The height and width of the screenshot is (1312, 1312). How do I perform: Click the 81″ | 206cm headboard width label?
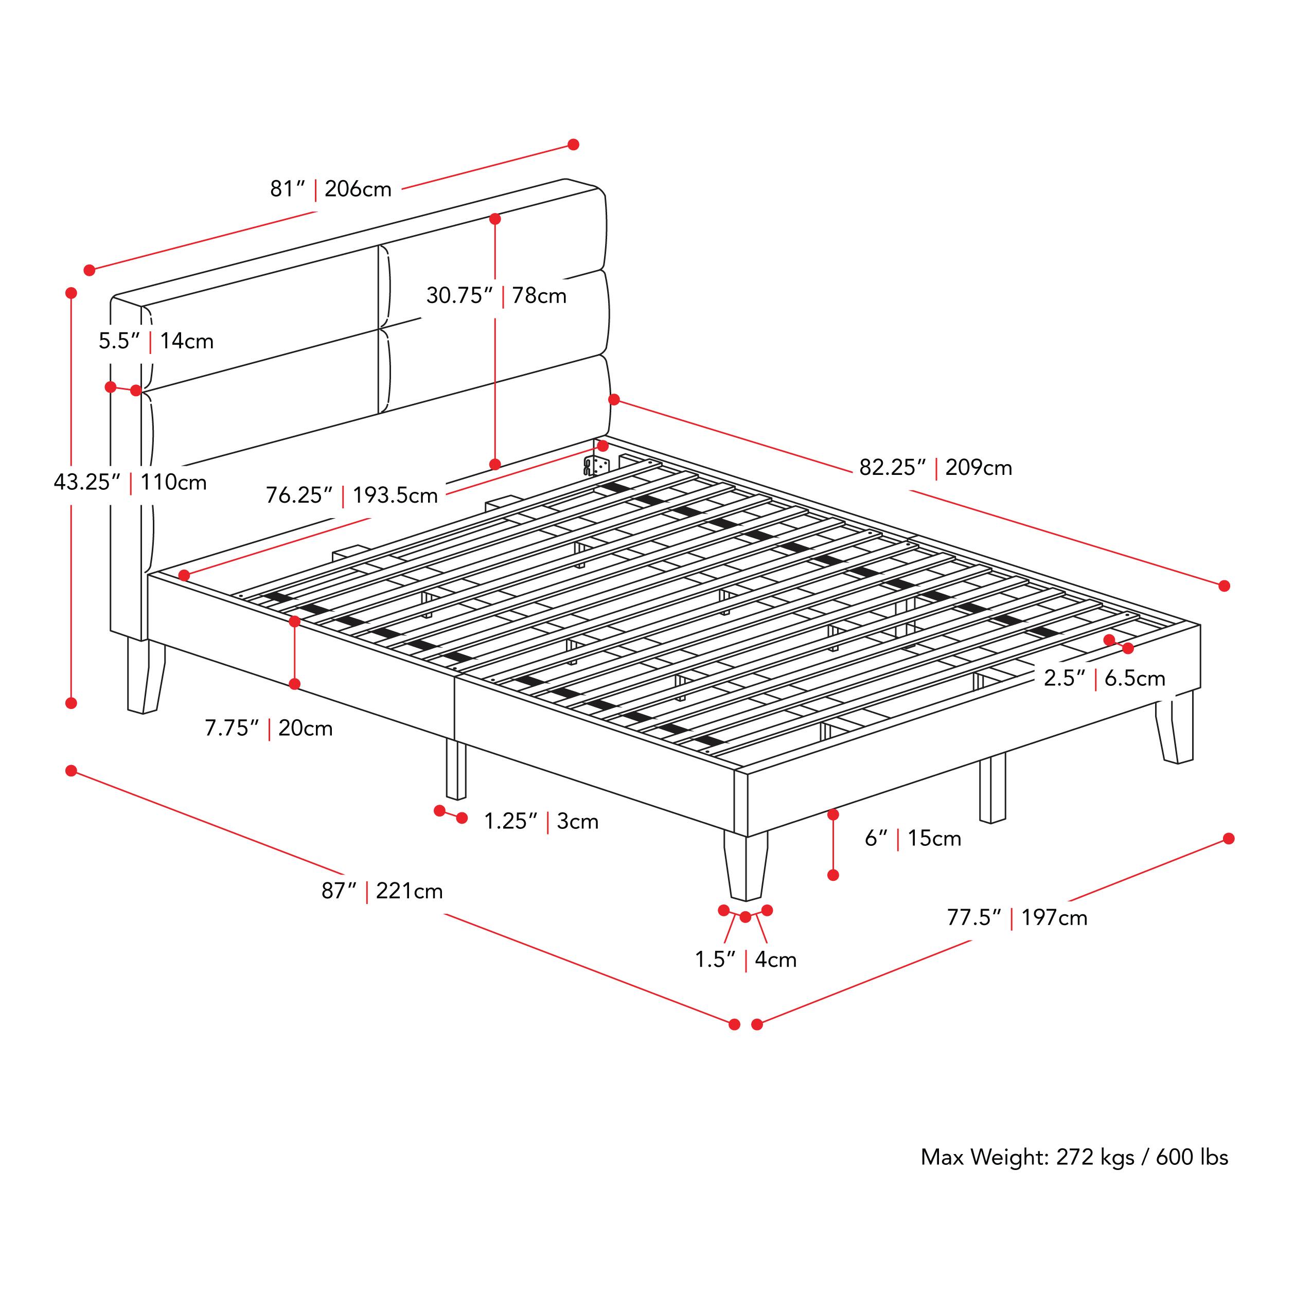(331, 189)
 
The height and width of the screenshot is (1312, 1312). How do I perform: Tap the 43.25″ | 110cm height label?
(130, 482)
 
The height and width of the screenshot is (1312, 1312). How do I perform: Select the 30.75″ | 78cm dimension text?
(496, 296)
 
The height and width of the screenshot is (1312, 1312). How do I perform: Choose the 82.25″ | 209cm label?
(935, 468)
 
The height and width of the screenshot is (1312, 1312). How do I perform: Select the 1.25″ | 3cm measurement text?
(541, 822)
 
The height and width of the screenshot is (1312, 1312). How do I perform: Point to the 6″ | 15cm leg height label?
(912, 839)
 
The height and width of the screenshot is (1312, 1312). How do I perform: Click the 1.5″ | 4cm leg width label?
(745, 960)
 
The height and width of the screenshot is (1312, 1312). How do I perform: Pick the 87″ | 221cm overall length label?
(382, 891)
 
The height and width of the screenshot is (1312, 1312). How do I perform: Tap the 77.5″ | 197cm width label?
(1017, 918)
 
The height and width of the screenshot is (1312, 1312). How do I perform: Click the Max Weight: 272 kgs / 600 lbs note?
(1074, 1157)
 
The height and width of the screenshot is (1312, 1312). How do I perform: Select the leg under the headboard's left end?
(145, 676)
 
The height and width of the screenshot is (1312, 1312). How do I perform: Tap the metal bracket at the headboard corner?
(596, 465)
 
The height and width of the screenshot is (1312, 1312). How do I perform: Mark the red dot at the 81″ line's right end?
(573, 145)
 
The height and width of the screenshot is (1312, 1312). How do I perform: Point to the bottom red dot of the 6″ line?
(833, 875)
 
